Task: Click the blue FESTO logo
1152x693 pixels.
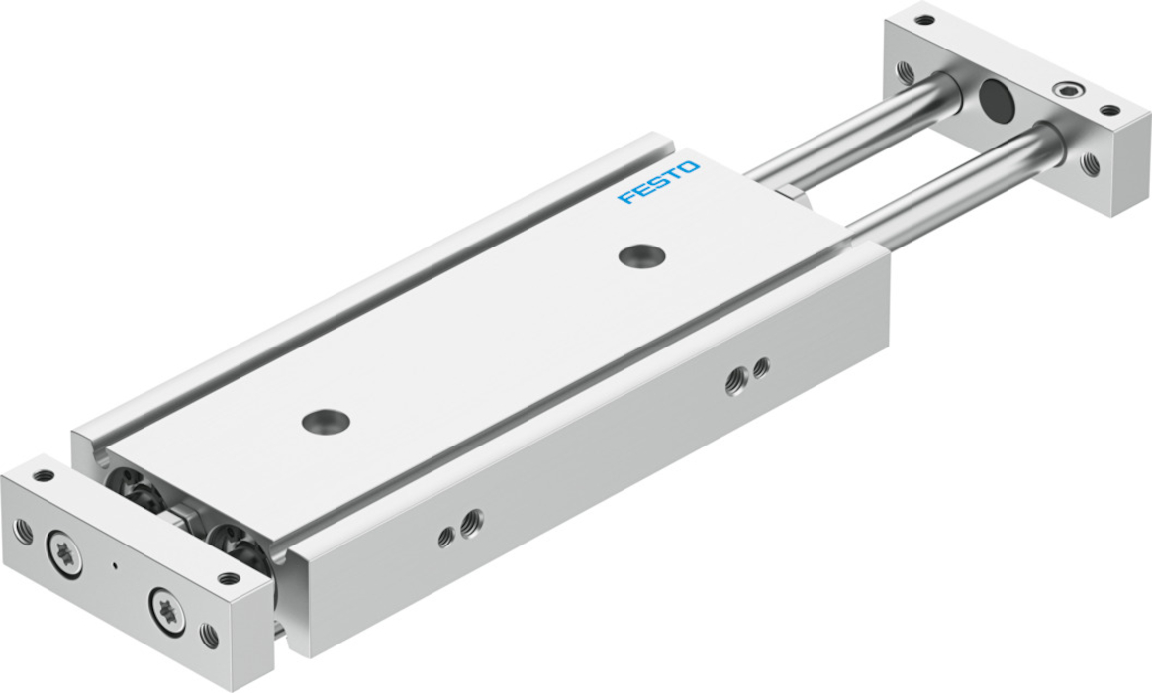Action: [x=658, y=182]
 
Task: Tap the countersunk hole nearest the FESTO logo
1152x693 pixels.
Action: [x=641, y=255]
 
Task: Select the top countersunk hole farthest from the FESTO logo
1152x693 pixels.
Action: [x=326, y=422]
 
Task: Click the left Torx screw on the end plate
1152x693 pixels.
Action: [x=64, y=554]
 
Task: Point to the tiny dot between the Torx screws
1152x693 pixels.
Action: [x=113, y=566]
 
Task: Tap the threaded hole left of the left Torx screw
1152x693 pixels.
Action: [x=24, y=531]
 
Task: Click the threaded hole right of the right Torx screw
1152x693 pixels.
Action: [x=210, y=635]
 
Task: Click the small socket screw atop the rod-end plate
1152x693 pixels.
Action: [x=1062, y=90]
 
